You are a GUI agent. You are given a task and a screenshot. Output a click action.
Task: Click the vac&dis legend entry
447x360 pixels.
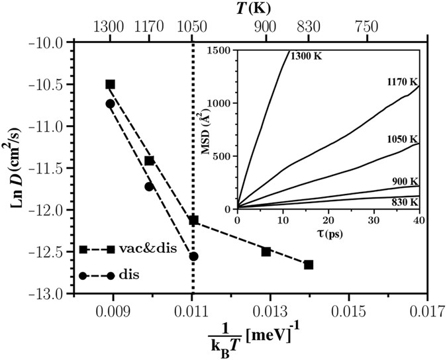click(x=123, y=249)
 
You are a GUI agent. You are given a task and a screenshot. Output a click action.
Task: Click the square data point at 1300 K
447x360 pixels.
click(x=110, y=84)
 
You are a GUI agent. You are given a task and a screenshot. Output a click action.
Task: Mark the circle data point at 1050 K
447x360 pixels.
click(x=193, y=256)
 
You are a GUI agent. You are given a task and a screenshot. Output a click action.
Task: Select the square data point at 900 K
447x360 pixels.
click(x=266, y=251)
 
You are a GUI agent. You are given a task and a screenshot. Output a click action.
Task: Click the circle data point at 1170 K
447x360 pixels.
click(x=149, y=187)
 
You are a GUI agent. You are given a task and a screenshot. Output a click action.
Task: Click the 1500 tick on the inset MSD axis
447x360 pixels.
click(x=223, y=50)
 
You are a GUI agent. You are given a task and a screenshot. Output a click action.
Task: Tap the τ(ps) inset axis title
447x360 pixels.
click(x=326, y=233)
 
